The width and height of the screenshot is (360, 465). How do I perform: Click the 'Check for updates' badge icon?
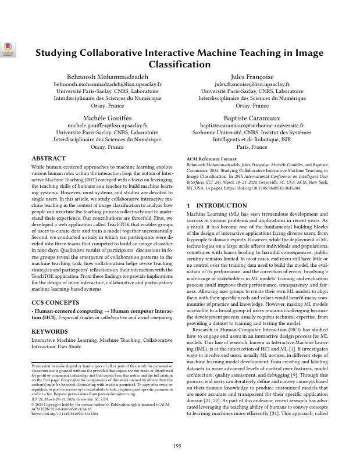(8, 49)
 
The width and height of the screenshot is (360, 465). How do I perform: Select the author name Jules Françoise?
(252, 77)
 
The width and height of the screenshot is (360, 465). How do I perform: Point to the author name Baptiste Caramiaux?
(252, 118)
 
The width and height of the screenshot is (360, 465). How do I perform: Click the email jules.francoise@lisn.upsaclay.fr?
(252, 84)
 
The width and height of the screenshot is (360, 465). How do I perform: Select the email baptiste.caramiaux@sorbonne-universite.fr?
(252, 126)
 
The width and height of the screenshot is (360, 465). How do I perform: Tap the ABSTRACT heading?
(48, 158)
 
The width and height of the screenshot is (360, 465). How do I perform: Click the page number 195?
(180, 445)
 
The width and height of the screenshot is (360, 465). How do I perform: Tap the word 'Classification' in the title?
(179, 65)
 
